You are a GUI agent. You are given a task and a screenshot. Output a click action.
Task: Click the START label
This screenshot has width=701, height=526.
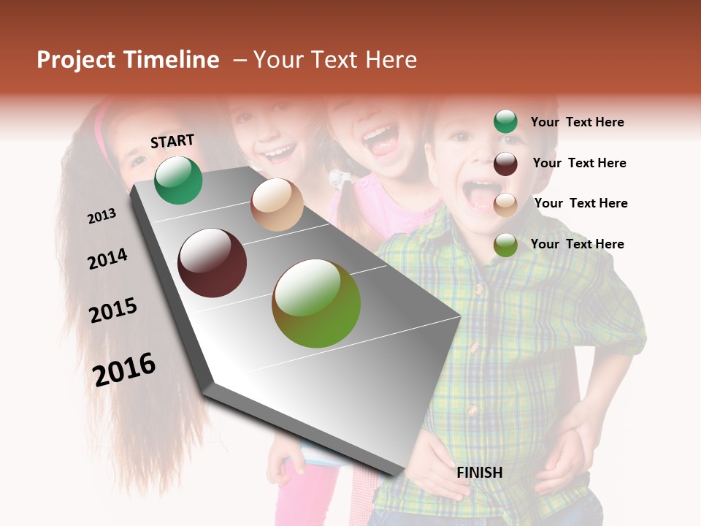pyautogui.click(x=172, y=141)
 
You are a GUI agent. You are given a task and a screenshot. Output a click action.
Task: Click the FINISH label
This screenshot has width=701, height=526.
pyautogui.click(x=480, y=473)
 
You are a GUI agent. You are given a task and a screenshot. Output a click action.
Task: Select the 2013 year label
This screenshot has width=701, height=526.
pyautogui.click(x=102, y=216)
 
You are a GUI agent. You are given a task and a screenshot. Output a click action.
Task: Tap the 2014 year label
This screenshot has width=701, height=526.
pyautogui.click(x=107, y=259)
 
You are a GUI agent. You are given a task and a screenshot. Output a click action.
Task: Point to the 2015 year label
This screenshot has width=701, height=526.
pyautogui.click(x=113, y=310)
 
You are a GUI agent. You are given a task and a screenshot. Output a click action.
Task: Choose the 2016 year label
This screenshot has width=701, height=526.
pyautogui.click(x=124, y=369)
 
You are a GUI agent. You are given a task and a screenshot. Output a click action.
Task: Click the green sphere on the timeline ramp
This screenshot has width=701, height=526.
pyautogui.click(x=179, y=180)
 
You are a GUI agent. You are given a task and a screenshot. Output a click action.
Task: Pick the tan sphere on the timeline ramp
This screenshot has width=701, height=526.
pyautogui.click(x=277, y=205)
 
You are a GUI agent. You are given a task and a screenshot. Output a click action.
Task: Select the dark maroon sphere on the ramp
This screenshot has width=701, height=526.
pyautogui.click(x=212, y=263)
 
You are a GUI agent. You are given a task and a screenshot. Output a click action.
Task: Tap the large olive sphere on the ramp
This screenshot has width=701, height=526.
pyautogui.click(x=316, y=303)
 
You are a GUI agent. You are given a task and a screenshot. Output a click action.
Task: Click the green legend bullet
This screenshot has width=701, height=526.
pyautogui.click(x=505, y=122)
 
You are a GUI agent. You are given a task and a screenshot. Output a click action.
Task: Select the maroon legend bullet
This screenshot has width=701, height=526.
pyautogui.click(x=505, y=163)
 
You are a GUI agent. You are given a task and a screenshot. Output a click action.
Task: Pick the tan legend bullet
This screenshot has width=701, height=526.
pyautogui.click(x=505, y=204)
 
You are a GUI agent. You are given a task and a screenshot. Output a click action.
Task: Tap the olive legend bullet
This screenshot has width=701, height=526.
pyautogui.click(x=505, y=244)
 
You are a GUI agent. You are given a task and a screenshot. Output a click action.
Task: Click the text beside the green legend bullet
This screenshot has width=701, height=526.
pyautogui.click(x=577, y=122)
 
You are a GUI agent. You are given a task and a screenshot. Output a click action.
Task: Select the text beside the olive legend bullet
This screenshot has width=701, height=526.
pyautogui.click(x=577, y=244)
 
